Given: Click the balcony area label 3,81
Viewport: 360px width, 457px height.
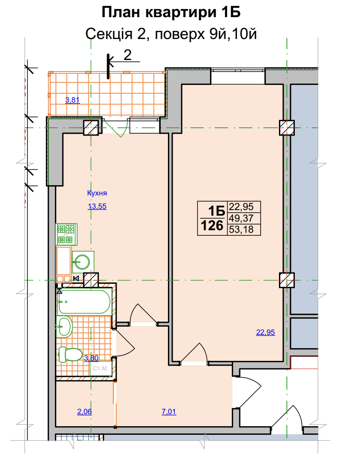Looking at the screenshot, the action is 72,100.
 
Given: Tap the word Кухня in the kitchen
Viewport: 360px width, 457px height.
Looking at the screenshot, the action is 97,193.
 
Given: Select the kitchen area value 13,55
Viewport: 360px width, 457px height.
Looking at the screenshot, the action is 97,206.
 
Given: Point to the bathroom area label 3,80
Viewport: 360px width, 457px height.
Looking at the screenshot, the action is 91,358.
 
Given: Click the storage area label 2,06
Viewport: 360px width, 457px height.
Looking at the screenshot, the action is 84,412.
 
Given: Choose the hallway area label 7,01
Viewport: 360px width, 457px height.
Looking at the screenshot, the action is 169,412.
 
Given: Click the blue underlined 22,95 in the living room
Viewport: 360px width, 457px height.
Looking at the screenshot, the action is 265,332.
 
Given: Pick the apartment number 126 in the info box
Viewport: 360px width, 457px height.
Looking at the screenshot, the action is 212,225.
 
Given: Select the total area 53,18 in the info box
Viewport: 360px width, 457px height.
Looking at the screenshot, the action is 241,229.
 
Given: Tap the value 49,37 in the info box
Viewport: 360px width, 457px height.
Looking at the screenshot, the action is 241,218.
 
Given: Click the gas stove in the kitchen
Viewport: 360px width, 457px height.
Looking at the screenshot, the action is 66,235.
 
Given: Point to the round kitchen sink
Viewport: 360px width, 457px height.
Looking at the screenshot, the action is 83,262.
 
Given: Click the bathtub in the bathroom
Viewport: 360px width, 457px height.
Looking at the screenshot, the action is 84,301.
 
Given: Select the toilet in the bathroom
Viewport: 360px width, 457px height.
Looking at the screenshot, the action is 70,355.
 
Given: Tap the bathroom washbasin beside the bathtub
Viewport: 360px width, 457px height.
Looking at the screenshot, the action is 64,327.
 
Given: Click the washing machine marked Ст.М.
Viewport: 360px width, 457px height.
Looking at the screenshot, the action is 101,368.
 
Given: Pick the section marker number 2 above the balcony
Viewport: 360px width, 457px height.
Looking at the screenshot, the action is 128,55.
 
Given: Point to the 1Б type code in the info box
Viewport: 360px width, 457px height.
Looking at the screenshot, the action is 216,210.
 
